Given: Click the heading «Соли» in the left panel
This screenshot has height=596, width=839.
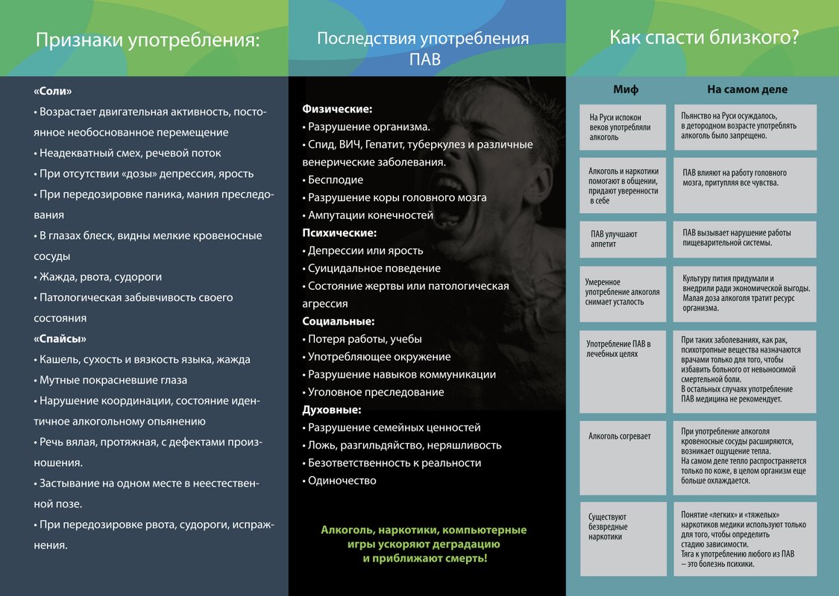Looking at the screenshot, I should (x=53, y=92).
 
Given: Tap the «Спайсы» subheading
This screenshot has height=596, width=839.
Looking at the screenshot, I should (x=60, y=339).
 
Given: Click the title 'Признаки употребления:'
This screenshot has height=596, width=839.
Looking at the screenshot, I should (x=148, y=41).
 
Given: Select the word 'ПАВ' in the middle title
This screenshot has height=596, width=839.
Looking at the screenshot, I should (x=424, y=58).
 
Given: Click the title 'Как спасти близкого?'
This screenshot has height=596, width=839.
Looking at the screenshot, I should (x=704, y=37).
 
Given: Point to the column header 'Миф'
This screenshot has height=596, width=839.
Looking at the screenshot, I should (x=626, y=89).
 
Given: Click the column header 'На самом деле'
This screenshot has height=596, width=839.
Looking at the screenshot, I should (x=747, y=89).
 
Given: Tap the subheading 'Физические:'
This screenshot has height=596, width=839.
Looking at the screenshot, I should (x=337, y=109).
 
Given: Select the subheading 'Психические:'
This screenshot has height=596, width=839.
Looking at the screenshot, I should (x=339, y=232).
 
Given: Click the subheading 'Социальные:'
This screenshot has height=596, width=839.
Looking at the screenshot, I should (x=339, y=322).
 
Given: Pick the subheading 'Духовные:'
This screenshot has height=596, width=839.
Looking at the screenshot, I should (x=332, y=410).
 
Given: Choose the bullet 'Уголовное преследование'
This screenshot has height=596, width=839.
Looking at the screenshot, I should (x=376, y=392).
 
